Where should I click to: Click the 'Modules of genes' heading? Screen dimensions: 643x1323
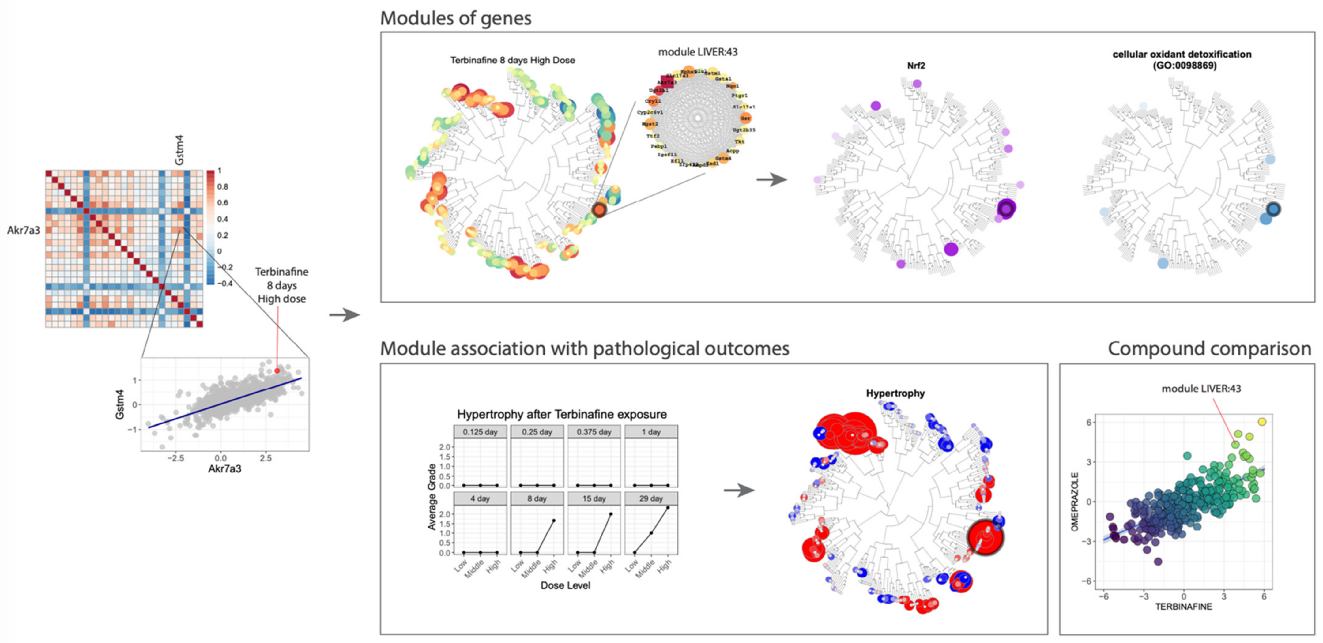pos(456,18)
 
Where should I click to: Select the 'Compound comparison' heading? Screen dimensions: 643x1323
pos(1209,349)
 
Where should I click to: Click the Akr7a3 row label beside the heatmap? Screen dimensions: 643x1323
pos(24,230)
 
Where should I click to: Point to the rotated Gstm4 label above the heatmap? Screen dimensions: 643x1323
pos(179,150)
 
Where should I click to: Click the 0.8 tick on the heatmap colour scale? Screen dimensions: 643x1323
pos(222,186)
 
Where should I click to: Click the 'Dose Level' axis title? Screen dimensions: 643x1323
pos(565,585)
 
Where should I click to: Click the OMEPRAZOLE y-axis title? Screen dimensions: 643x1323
pos(1075,502)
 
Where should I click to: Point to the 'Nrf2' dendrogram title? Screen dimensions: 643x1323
pos(916,66)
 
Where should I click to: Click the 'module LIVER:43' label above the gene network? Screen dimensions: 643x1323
pos(697,52)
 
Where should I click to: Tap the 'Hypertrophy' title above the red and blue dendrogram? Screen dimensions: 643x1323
pos(895,393)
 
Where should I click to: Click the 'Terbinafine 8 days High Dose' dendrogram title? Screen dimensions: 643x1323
pos(513,60)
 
